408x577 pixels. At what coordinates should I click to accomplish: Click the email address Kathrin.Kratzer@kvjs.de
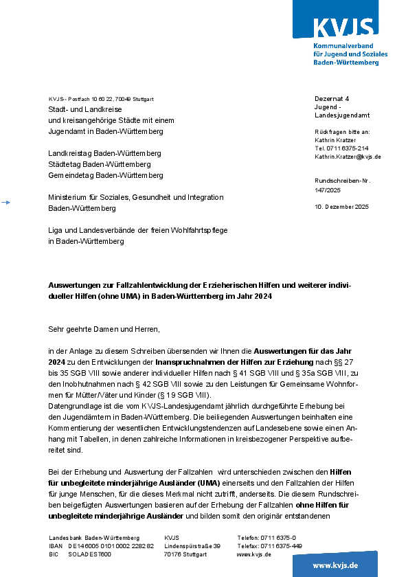pyautogui.click(x=348, y=157)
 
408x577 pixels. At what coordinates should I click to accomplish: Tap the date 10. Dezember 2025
pyautogui.click(x=341, y=206)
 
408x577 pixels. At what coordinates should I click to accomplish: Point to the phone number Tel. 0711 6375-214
pyautogui.click(x=341, y=148)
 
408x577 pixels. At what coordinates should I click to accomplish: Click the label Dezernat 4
pyautogui.click(x=332, y=99)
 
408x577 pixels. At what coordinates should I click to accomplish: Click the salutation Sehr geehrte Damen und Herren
pyautogui.click(x=104, y=328)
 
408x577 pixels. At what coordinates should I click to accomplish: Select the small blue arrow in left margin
pyautogui.click(x=6, y=203)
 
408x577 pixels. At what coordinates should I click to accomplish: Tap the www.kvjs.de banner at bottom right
pyautogui.click(x=335, y=565)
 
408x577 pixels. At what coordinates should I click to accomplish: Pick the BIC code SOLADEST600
pyautogui.click(x=89, y=554)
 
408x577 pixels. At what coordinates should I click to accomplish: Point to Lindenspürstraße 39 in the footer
pyautogui.click(x=192, y=545)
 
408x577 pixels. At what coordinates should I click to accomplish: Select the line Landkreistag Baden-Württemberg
pyautogui.click(x=104, y=153)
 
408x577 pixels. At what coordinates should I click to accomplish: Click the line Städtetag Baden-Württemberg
pyautogui.click(x=99, y=164)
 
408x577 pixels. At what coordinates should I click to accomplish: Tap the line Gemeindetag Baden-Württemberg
pyautogui.click(x=105, y=175)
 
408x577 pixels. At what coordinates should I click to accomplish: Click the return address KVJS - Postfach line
pyautogui.click(x=101, y=99)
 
